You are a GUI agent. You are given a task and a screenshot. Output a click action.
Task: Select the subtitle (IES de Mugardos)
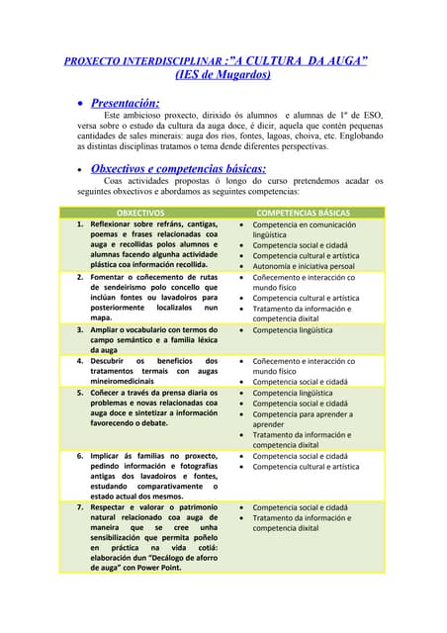point(223,75)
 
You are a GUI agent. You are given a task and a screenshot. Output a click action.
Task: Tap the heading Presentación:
point(125,102)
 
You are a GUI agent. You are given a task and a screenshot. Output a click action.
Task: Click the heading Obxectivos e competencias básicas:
point(178,169)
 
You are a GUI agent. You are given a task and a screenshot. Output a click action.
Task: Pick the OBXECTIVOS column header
point(141,213)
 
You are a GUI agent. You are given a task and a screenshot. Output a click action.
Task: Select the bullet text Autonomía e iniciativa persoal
point(304,266)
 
